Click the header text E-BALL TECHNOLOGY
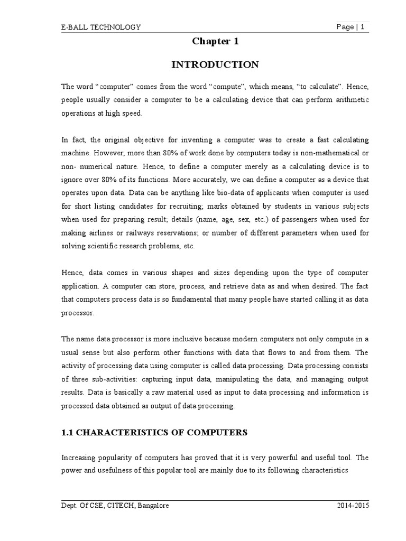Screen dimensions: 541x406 (x=101, y=27)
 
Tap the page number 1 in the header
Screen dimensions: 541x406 (x=363, y=27)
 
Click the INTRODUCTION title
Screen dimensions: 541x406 (x=215, y=65)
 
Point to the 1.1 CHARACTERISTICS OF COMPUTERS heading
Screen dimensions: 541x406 (x=154, y=432)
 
